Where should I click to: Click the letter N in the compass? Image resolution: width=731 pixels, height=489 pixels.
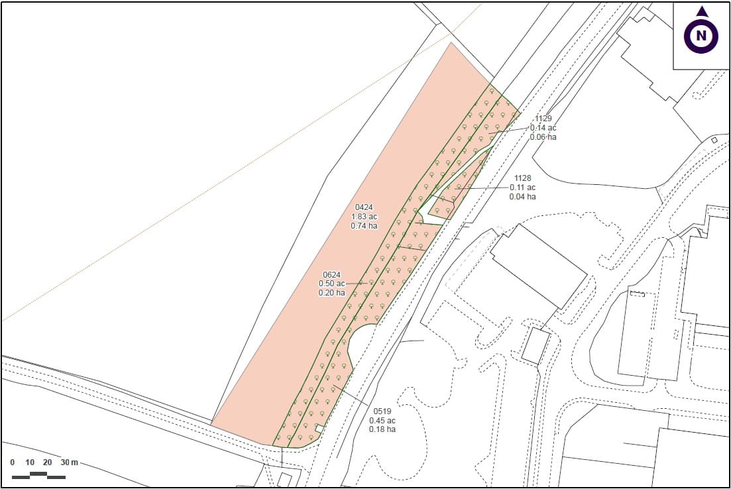(x=701, y=36)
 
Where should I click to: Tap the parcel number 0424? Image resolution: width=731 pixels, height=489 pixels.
(x=364, y=207)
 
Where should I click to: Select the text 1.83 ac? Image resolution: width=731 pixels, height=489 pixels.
(x=364, y=216)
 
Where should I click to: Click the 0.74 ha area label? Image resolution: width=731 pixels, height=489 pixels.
(x=364, y=225)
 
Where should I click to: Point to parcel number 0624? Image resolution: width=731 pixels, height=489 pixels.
(x=331, y=274)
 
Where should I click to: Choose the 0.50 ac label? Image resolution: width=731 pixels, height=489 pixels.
(x=331, y=284)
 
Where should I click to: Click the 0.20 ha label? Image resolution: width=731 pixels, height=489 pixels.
(x=331, y=293)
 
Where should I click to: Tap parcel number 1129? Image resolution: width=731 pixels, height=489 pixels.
(x=543, y=119)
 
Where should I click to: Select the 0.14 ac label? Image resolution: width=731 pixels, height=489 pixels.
(x=543, y=128)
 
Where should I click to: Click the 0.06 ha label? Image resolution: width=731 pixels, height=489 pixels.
(x=543, y=137)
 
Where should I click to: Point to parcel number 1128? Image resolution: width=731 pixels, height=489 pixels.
(x=523, y=178)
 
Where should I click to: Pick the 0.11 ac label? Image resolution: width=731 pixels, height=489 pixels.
(x=523, y=188)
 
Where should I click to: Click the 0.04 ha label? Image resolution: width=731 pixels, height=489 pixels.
(x=523, y=197)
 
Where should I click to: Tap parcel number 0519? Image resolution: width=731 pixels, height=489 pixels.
(x=382, y=411)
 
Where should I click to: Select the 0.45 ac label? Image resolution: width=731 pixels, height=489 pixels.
(x=382, y=420)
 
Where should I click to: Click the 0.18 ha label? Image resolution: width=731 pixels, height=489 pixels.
(x=382, y=429)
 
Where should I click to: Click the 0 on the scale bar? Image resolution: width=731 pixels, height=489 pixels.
(x=13, y=462)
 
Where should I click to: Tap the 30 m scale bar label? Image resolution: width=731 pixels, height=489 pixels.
(x=69, y=462)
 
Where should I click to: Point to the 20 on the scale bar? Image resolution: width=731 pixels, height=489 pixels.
(x=48, y=462)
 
